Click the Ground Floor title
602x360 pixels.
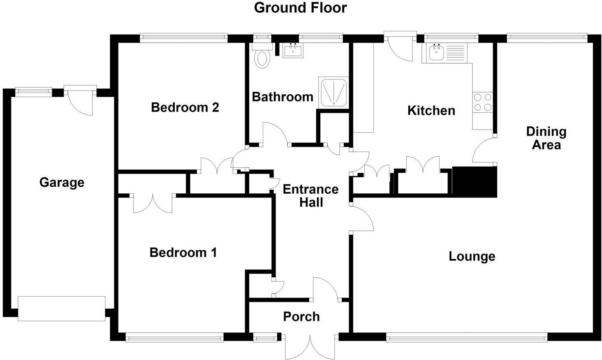(300, 8)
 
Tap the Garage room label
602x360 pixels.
(62, 182)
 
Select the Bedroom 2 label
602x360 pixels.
(185, 107)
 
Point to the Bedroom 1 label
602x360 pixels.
(183, 252)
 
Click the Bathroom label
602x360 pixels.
(282, 97)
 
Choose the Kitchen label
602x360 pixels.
(431, 110)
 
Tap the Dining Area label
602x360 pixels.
(546, 138)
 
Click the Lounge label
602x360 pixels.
(472, 256)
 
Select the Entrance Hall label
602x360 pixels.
(310, 195)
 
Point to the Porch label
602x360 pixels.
(301, 316)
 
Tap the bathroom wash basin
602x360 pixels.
(293, 51)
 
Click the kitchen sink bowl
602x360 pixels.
(435, 52)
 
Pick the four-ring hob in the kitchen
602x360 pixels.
(482, 102)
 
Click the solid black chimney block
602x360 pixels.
(475, 181)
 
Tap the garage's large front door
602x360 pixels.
(61, 309)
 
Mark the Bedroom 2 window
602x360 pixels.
(183, 38)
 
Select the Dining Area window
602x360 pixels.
(546, 38)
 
